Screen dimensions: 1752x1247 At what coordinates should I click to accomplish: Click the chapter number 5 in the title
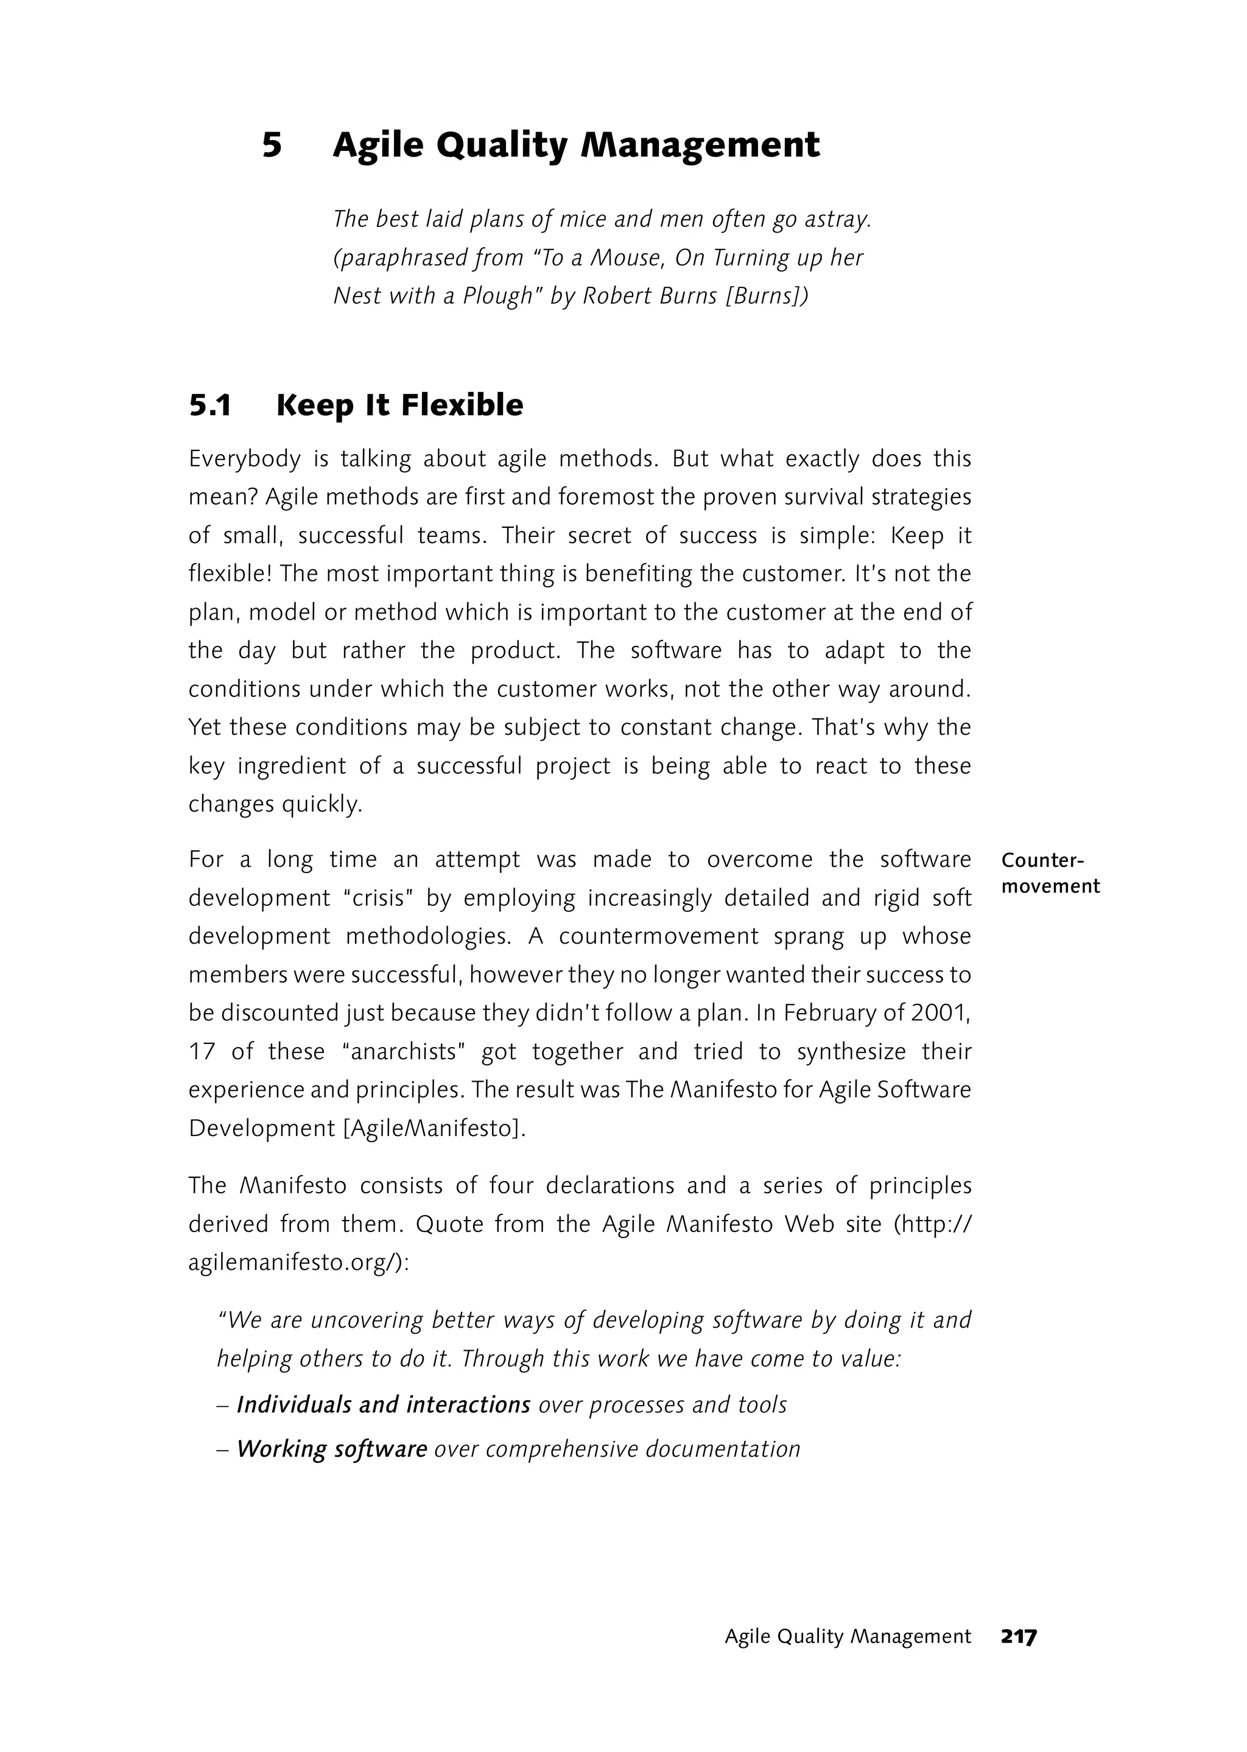[272, 145]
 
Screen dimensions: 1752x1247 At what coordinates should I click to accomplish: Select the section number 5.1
[211, 405]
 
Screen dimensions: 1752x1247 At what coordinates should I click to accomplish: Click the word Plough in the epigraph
[497, 296]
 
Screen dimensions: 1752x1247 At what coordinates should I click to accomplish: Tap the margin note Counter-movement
[1050, 873]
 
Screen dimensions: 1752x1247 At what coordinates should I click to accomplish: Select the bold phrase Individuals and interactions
[383, 1405]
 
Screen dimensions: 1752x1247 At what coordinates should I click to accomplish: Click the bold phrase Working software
[331, 1449]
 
